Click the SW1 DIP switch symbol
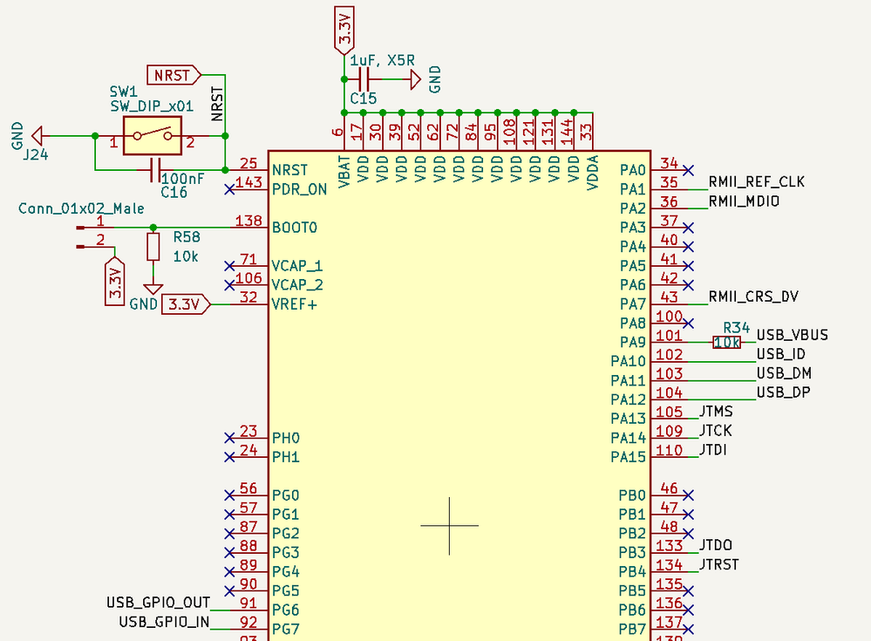click(152, 136)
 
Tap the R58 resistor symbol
click(153, 247)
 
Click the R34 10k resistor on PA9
click(726, 343)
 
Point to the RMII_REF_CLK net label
click(756, 182)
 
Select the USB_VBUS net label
click(792, 335)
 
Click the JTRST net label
click(718, 564)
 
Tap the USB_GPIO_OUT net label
click(158, 603)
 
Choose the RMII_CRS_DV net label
click(753, 297)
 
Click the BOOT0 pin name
click(294, 228)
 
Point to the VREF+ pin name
click(294, 304)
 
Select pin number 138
click(248, 222)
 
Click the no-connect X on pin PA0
click(689, 169)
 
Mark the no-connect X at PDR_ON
click(229, 188)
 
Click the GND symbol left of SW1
click(37, 136)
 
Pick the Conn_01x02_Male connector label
click(81, 209)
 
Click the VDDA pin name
click(593, 170)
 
